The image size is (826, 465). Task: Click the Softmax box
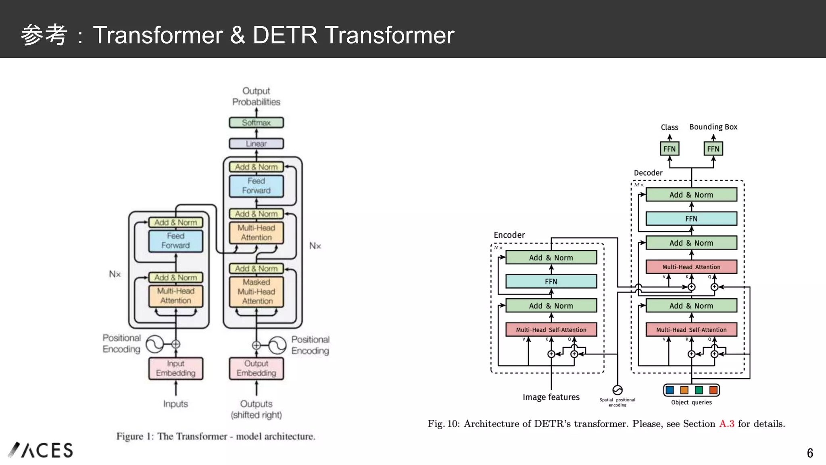coord(256,122)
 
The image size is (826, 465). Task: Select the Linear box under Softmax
coord(256,143)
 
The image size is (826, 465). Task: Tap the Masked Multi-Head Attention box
coord(257,291)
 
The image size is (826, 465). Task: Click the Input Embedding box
coord(175,368)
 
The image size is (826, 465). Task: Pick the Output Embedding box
coord(256,368)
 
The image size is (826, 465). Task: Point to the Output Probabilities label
coord(256,96)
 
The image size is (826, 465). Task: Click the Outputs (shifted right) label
coord(256,409)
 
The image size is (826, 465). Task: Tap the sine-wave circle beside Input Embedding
coord(154,344)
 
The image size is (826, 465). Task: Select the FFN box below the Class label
coord(669,149)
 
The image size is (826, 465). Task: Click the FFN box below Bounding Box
coord(713,149)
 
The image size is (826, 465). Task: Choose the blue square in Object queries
coord(670,390)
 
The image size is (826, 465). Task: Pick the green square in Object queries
coord(699,390)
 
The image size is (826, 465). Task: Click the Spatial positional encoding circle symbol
coord(617,390)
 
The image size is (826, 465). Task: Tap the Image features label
coord(551,397)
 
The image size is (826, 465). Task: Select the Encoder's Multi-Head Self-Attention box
coord(551,329)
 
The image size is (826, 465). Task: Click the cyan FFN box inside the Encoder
coord(551,281)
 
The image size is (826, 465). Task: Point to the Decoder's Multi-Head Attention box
coord(691,267)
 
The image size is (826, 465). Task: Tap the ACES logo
coord(40,450)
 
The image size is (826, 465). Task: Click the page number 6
coord(809,453)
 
